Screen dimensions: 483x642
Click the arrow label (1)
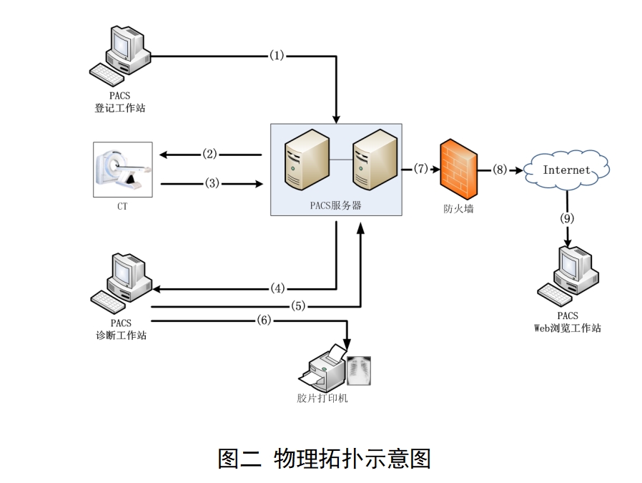tap(277, 55)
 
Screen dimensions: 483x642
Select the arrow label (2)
tap(209, 154)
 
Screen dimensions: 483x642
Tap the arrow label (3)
tap(212, 183)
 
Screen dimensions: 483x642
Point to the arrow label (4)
tap(279, 289)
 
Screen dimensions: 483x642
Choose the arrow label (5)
tap(298, 306)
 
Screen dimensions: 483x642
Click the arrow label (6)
tap(264, 321)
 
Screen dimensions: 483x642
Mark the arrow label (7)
tap(420, 169)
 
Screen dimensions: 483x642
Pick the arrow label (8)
tap(499, 170)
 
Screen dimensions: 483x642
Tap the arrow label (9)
tap(567, 219)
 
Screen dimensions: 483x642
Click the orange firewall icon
tap(458, 169)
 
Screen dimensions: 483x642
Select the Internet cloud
tap(567, 170)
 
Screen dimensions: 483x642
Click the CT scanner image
tap(123, 170)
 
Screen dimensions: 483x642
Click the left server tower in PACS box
tap(306, 161)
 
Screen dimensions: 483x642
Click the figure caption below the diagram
tap(324, 458)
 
